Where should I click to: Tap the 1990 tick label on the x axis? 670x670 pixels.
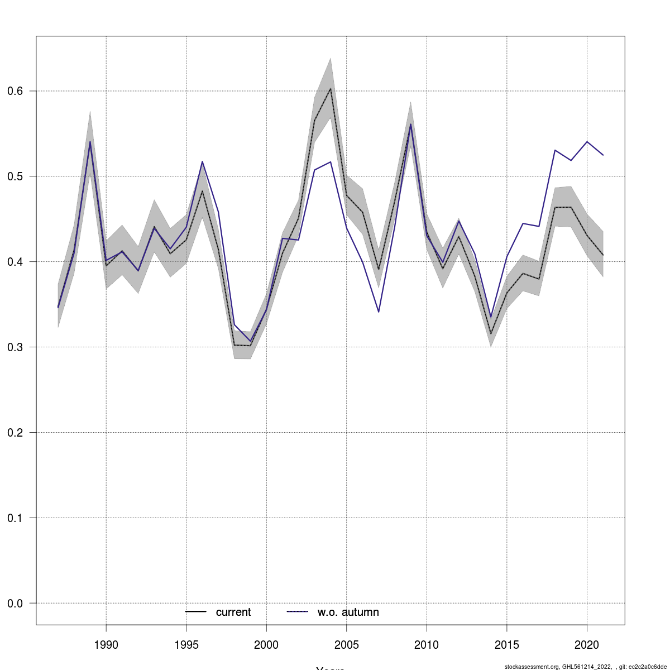[106, 645]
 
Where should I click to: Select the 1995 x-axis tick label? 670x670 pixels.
[186, 645]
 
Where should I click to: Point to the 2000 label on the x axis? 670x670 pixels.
[266, 645]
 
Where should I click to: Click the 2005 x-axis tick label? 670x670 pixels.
[347, 645]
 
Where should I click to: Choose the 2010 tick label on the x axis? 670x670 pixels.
[427, 645]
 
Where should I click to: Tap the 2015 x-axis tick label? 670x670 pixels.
[507, 645]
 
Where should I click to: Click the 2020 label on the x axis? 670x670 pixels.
[587, 645]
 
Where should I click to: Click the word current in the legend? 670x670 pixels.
[233, 612]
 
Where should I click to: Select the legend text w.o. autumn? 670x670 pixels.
[348, 612]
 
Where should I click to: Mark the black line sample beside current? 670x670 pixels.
[196, 612]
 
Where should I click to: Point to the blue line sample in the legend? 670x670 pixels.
[298, 612]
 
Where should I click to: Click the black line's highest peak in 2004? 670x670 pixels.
[331, 89]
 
